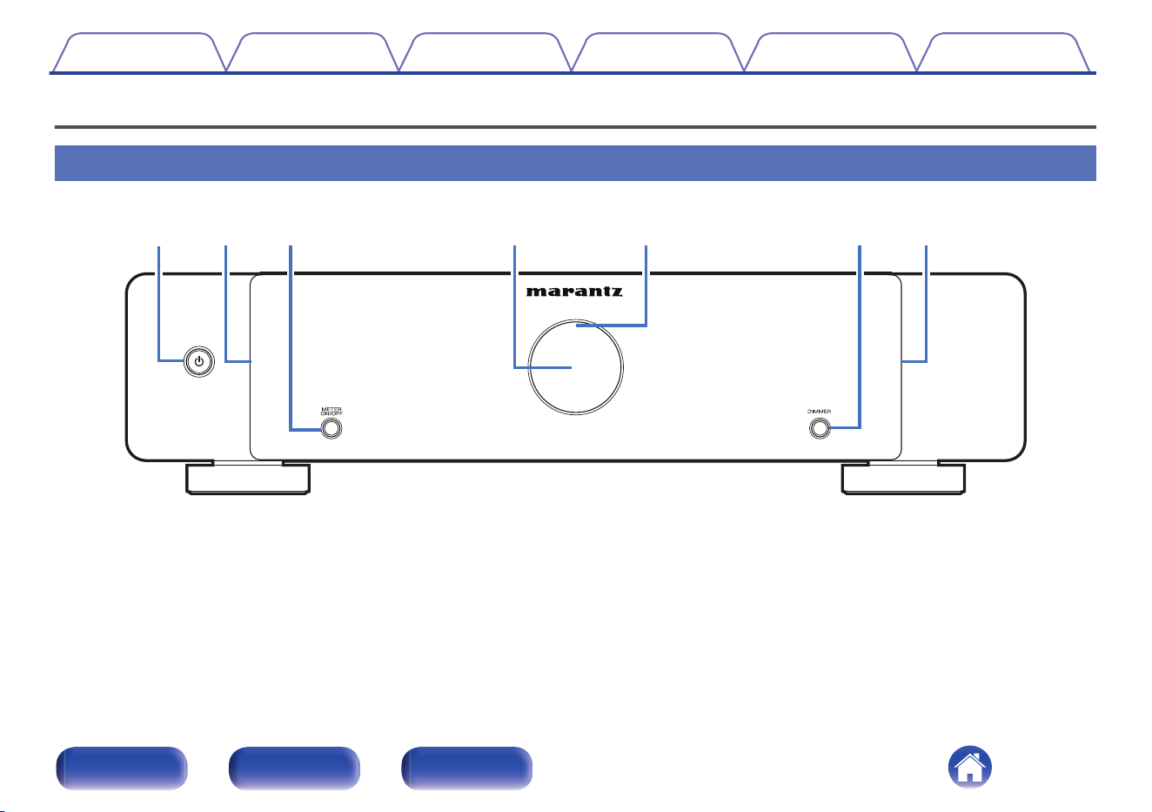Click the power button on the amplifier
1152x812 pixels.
(199, 362)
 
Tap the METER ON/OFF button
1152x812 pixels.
(332, 428)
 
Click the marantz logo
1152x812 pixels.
(574, 292)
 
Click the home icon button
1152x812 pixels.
(969, 767)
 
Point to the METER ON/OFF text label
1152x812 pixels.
(332, 411)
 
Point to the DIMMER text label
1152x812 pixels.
(819, 411)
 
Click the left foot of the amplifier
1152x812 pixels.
(248, 479)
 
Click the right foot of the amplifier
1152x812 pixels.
(903, 479)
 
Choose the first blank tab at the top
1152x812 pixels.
(139, 52)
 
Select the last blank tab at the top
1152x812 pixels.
(1003, 52)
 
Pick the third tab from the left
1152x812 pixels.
(485, 52)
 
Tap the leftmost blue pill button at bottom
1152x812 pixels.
(121, 768)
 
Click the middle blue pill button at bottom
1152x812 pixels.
(294, 768)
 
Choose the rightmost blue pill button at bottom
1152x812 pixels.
(466, 768)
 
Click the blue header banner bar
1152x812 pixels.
(575, 163)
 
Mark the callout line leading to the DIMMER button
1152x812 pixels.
(860, 337)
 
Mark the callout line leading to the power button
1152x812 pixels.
(159, 304)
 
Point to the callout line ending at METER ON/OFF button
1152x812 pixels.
(291, 338)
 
